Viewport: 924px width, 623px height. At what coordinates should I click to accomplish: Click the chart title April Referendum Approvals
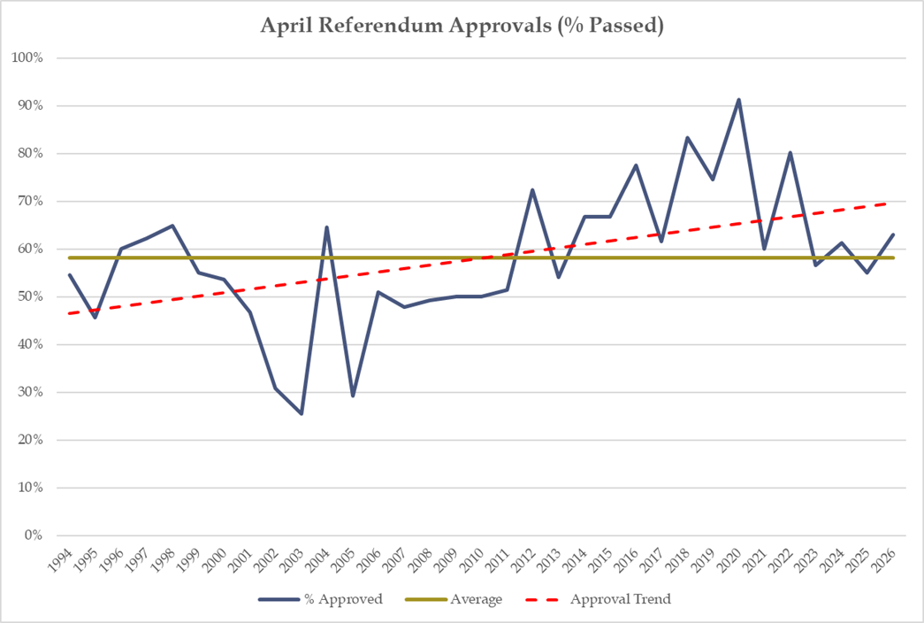click(x=462, y=26)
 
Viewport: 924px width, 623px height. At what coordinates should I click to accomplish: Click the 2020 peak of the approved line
click(x=738, y=100)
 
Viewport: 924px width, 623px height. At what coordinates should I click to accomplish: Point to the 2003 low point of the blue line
click(x=302, y=413)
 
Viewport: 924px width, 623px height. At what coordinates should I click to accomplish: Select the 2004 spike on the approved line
click(x=327, y=227)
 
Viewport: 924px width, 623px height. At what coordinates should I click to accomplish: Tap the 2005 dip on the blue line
click(x=353, y=396)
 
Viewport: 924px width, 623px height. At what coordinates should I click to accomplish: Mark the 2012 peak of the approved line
click(x=533, y=189)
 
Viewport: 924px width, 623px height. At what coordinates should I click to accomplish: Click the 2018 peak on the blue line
click(x=687, y=137)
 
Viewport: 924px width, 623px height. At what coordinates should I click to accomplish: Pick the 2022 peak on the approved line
click(x=790, y=152)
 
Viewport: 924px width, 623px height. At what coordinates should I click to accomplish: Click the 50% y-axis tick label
click(x=34, y=296)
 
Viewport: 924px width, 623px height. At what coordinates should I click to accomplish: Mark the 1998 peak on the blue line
click(x=172, y=226)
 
